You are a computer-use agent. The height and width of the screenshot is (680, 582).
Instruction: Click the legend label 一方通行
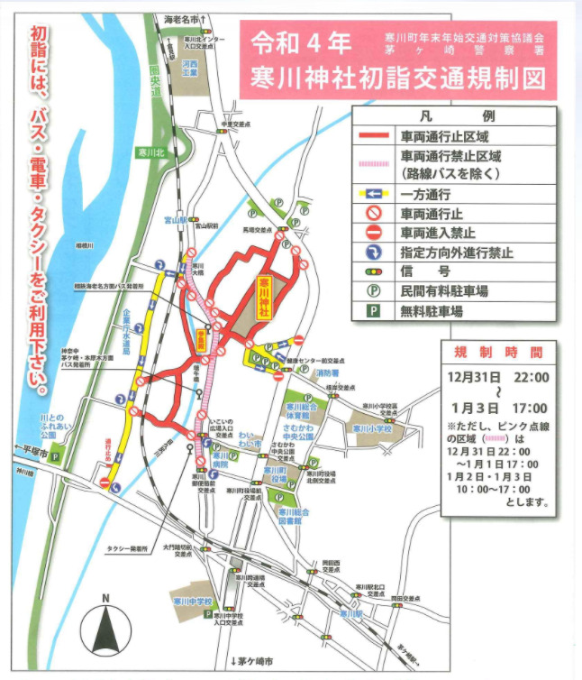point(426,194)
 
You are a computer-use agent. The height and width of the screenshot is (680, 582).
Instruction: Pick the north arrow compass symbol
point(105,629)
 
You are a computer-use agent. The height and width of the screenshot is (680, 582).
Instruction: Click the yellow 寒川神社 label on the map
point(263,296)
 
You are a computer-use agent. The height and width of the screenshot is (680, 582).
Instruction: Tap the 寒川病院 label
point(219,461)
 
